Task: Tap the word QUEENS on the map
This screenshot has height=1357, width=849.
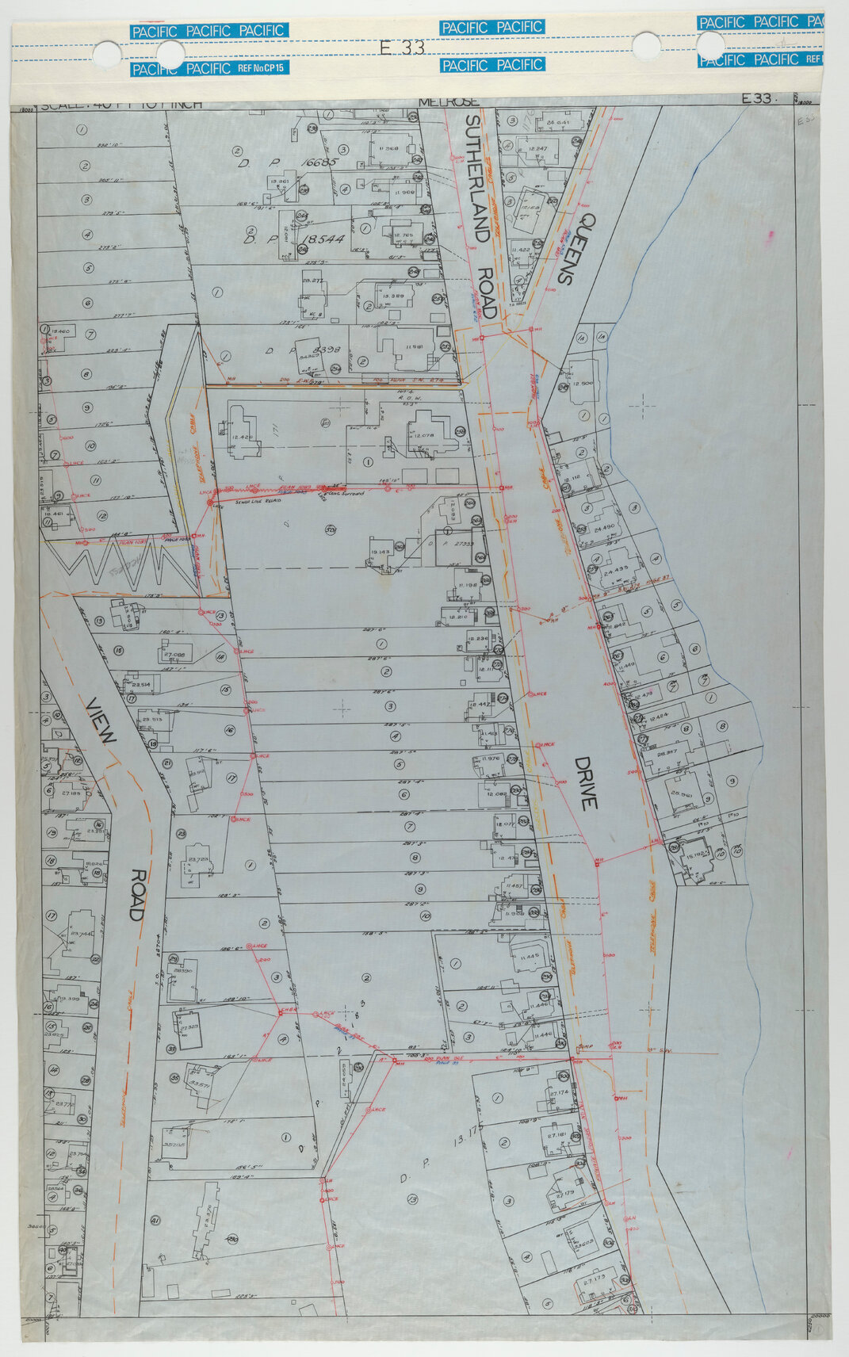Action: tap(576, 248)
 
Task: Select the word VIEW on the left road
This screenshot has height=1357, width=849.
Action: tap(103, 721)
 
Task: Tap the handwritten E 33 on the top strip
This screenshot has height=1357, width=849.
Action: tap(402, 48)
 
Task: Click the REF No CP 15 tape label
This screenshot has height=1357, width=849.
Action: tap(263, 69)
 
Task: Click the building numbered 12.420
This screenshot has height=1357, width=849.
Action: tap(242, 437)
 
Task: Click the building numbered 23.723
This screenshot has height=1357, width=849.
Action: tap(197, 860)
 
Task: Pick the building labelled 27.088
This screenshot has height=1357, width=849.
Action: tap(174, 656)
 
